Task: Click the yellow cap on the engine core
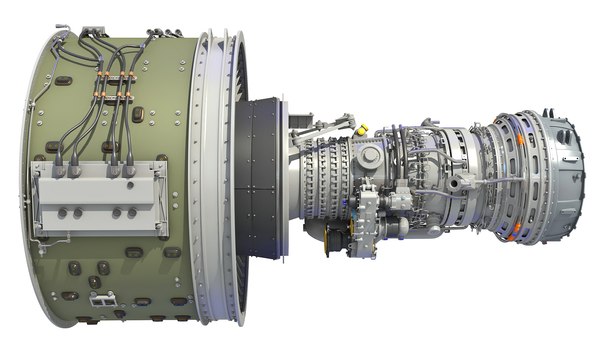pos(361,128)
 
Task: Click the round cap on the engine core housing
pos(369,157)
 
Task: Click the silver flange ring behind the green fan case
pos(209,180)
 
